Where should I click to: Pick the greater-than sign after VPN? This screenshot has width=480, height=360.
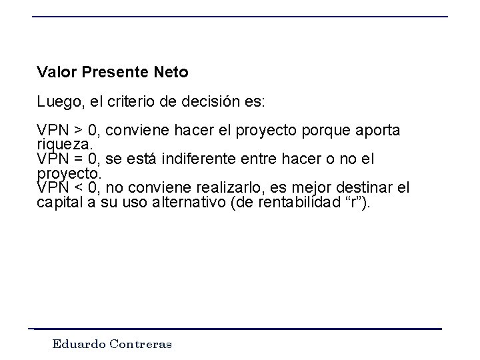pos(79,130)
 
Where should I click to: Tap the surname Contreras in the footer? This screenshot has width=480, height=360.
pos(141,345)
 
